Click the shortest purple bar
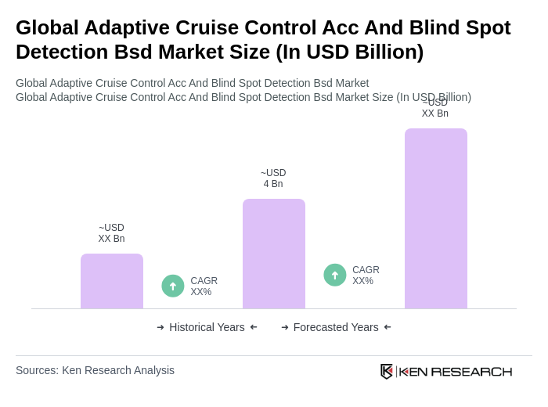112,281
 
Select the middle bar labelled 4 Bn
274,254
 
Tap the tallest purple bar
436,218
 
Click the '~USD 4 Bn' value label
273,178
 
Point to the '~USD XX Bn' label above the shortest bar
111,233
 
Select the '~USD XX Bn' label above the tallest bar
435,108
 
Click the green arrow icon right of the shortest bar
173,286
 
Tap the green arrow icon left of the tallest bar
335,275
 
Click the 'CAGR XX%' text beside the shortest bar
204,286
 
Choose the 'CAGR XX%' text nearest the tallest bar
366,276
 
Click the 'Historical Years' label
207,327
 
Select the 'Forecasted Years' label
336,327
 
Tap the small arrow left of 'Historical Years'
160,327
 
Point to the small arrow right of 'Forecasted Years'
388,327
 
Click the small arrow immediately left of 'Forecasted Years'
285,327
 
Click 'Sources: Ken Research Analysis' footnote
95,370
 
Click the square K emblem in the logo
387,371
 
